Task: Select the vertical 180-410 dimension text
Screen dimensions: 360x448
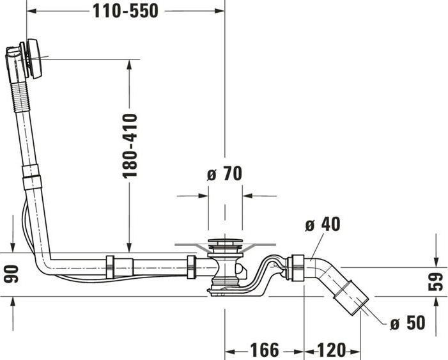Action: click(x=130, y=146)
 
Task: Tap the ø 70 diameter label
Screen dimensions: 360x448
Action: click(x=224, y=173)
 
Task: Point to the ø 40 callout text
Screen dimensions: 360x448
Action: click(x=322, y=224)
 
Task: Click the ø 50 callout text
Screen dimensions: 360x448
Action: click(x=407, y=324)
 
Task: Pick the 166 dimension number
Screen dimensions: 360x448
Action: click(x=263, y=350)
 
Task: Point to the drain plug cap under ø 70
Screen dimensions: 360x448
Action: click(x=224, y=244)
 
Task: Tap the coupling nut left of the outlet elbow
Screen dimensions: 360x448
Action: click(x=296, y=267)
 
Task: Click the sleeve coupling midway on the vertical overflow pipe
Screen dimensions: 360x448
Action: click(x=30, y=176)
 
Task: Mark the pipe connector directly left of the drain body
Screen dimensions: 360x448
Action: click(x=191, y=266)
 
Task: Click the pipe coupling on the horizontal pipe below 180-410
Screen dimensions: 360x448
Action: click(x=110, y=265)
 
